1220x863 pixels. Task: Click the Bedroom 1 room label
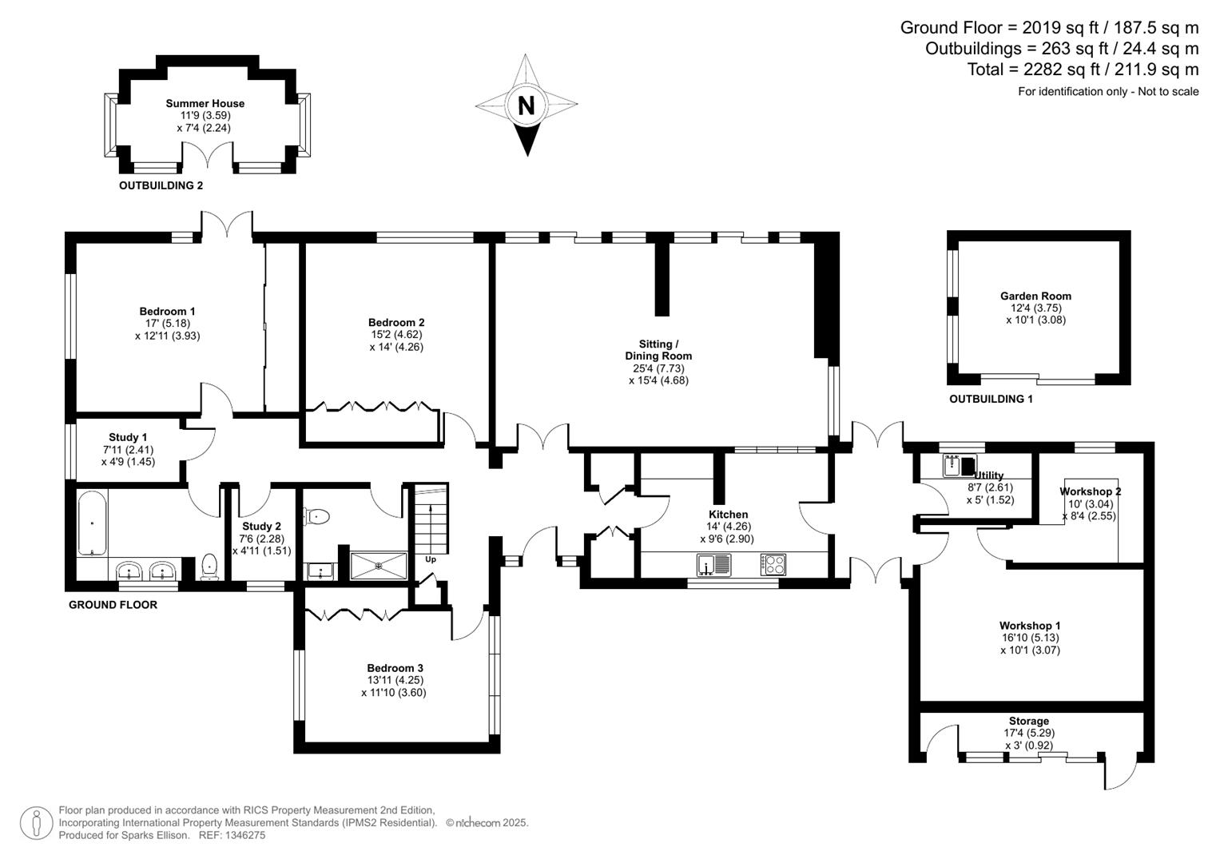point(167,312)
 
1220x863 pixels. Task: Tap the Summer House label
point(205,103)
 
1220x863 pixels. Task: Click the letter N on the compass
point(526,105)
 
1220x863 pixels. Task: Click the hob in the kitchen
point(773,565)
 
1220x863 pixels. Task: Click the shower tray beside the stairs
point(379,565)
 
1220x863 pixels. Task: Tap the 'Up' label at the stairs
point(431,559)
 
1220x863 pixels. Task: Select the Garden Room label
point(1035,296)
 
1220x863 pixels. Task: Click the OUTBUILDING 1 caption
point(991,399)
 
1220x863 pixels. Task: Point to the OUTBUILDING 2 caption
point(161,185)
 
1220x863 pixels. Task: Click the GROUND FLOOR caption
point(113,605)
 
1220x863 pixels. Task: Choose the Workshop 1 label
point(1030,626)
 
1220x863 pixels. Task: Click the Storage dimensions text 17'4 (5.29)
point(1028,733)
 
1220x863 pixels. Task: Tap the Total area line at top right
point(1083,70)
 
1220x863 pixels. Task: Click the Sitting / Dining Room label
point(658,350)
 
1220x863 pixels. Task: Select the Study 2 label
point(261,527)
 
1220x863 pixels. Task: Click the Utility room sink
point(952,464)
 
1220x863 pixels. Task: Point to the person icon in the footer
point(36,823)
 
